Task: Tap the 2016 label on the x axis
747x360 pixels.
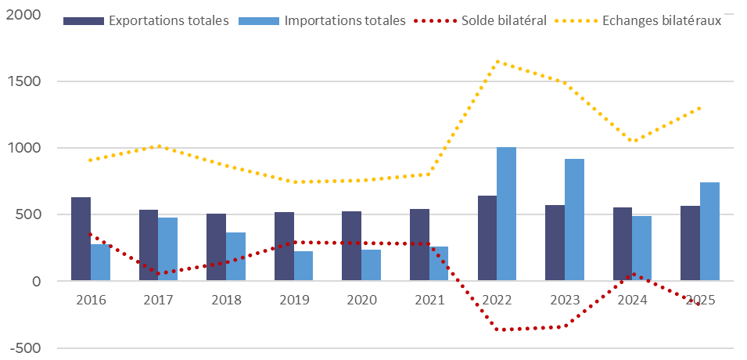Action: point(91,300)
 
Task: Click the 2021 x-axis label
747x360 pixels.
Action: point(429,300)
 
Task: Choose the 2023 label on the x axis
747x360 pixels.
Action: point(564,300)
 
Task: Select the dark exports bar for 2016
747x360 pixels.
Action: point(81,239)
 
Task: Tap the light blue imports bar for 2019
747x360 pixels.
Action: point(303,266)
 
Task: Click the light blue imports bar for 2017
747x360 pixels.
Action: point(168,249)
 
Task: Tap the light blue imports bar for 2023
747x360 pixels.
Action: point(574,220)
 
